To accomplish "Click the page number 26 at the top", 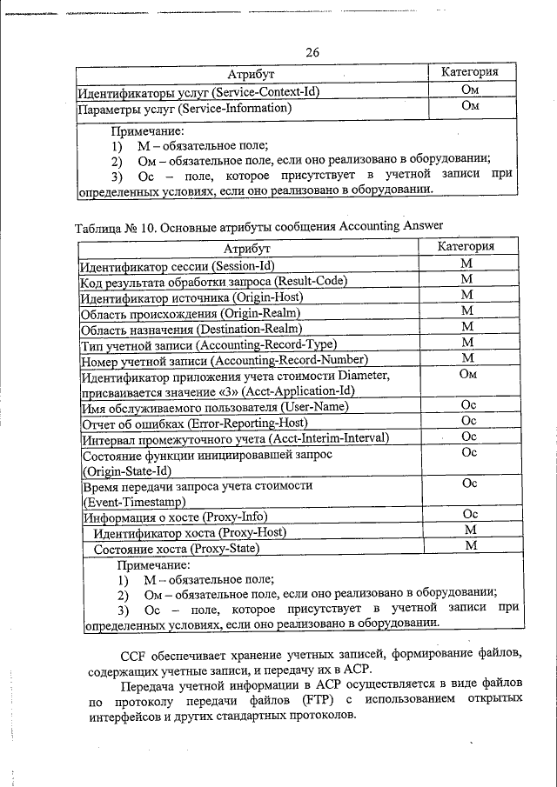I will pos(312,52).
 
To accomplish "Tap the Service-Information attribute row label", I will pos(185,110).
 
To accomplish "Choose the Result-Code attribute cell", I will pos(214,281).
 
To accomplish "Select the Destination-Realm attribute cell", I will pos(191,329).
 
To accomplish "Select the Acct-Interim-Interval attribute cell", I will pos(235,437).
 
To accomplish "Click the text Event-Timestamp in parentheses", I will pos(134,502).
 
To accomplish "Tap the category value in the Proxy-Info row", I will pos(467,516).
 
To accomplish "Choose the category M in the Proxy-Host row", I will pos(467,530).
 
